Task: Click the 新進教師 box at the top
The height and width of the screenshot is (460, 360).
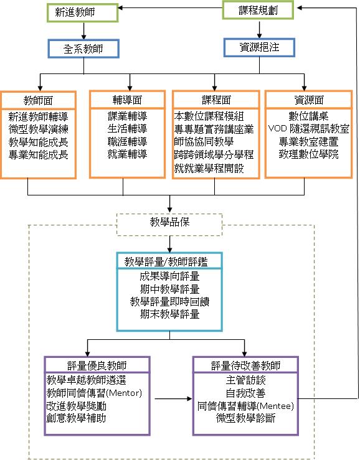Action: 82,12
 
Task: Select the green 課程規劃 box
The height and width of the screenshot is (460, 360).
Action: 258,10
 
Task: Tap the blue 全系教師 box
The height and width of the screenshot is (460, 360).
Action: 83,49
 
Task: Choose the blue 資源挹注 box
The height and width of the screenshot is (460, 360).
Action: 259,47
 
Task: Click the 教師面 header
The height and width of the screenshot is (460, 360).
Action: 39,100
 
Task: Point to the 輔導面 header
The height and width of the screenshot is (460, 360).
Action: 127,100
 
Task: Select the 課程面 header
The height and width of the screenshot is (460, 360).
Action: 216,100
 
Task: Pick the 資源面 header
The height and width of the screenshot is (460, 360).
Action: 308,100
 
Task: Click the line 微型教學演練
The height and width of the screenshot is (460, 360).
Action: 39,129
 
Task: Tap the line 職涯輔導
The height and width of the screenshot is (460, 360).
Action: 127,141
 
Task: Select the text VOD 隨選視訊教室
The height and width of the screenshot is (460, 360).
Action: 308,128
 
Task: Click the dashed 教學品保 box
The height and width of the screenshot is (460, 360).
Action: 169,225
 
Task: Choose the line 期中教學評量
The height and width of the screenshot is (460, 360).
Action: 169,289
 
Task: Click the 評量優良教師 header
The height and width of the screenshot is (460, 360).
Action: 97,365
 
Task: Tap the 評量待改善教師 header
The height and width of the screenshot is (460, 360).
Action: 245,365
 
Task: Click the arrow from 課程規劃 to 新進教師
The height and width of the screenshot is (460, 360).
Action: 170,8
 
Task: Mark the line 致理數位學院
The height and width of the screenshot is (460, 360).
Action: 308,154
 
